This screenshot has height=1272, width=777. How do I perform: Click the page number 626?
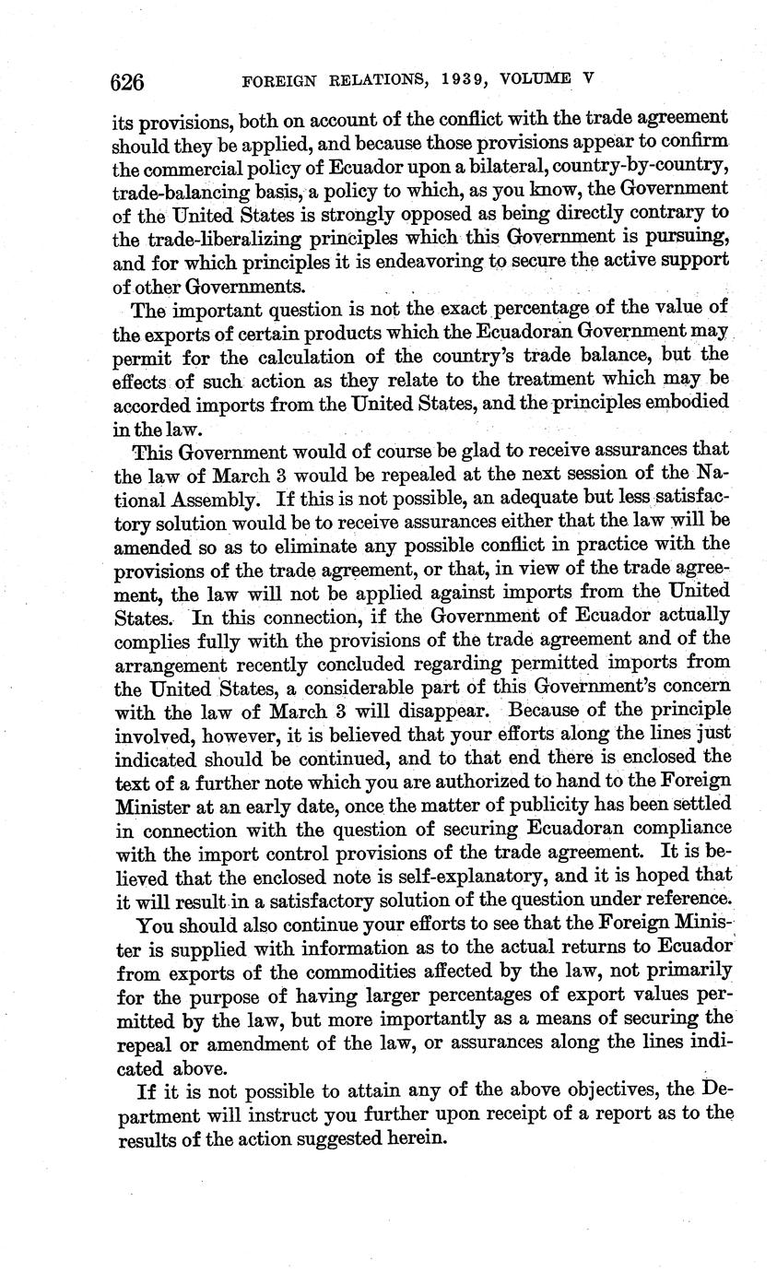click(x=127, y=82)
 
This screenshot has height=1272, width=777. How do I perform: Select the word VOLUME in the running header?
click(x=537, y=79)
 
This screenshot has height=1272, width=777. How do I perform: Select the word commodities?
click(x=365, y=971)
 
